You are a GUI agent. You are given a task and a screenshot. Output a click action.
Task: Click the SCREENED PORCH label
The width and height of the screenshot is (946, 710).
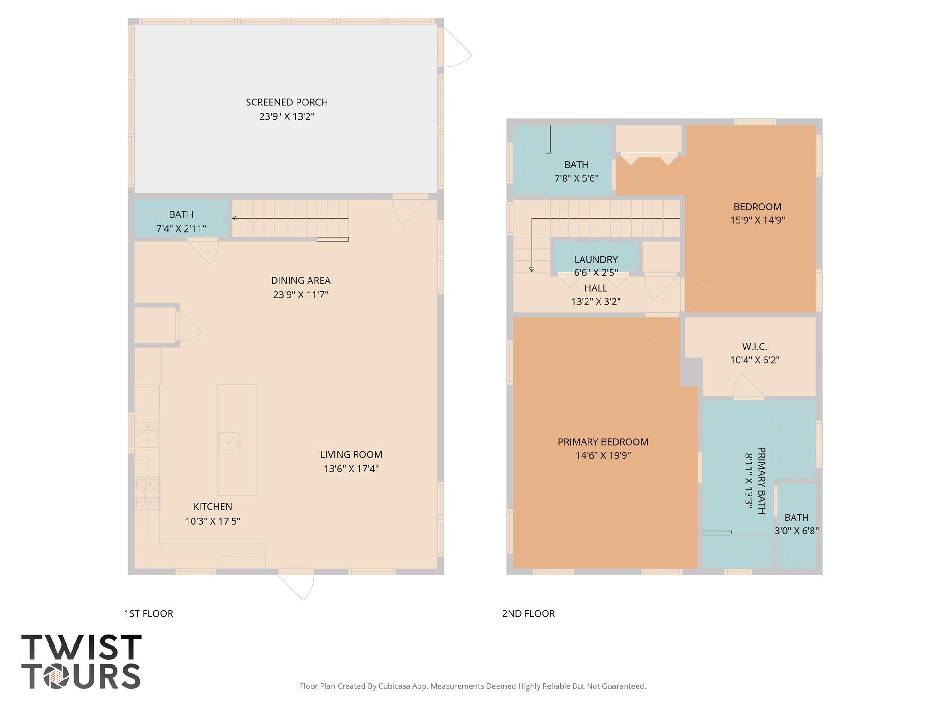click(286, 102)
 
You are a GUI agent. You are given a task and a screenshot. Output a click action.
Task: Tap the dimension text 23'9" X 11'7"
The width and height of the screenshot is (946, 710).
click(300, 294)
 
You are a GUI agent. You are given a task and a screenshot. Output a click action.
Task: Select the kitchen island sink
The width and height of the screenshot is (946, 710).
click(229, 442)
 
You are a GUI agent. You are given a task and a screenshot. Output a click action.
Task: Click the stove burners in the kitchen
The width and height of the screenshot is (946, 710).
click(148, 494)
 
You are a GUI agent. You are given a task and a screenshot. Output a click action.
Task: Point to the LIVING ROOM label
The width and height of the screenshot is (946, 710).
click(351, 454)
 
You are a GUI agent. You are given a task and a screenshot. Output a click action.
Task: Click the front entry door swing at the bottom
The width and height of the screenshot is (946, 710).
click(298, 585)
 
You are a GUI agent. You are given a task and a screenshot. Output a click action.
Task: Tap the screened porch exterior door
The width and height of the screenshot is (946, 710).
click(455, 49)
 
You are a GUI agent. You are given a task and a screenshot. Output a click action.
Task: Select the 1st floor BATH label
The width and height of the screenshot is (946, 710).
click(181, 214)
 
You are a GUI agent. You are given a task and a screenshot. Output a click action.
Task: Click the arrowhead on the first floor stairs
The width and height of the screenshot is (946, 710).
click(235, 218)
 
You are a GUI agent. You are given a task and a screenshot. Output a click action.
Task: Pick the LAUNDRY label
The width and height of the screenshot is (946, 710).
click(595, 259)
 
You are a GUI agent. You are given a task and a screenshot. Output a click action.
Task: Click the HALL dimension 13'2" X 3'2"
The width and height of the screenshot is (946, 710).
click(595, 302)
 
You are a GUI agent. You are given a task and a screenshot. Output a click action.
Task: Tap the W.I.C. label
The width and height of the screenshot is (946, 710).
click(754, 346)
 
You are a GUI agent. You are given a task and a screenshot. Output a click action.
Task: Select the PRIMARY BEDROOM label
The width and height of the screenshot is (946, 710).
click(603, 442)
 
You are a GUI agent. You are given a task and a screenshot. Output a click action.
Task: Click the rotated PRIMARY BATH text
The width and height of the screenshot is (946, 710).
click(762, 480)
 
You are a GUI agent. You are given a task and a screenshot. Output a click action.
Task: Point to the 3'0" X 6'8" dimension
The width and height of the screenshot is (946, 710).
click(796, 531)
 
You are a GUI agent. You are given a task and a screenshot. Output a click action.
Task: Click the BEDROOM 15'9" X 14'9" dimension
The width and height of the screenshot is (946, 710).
click(757, 220)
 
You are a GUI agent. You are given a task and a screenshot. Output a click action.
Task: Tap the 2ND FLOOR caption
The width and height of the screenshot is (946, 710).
click(528, 613)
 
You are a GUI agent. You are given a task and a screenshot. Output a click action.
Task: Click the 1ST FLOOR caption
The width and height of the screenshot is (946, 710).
click(148, 613)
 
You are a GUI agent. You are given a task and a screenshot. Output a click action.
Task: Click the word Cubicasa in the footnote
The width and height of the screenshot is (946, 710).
click(395, 686)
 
